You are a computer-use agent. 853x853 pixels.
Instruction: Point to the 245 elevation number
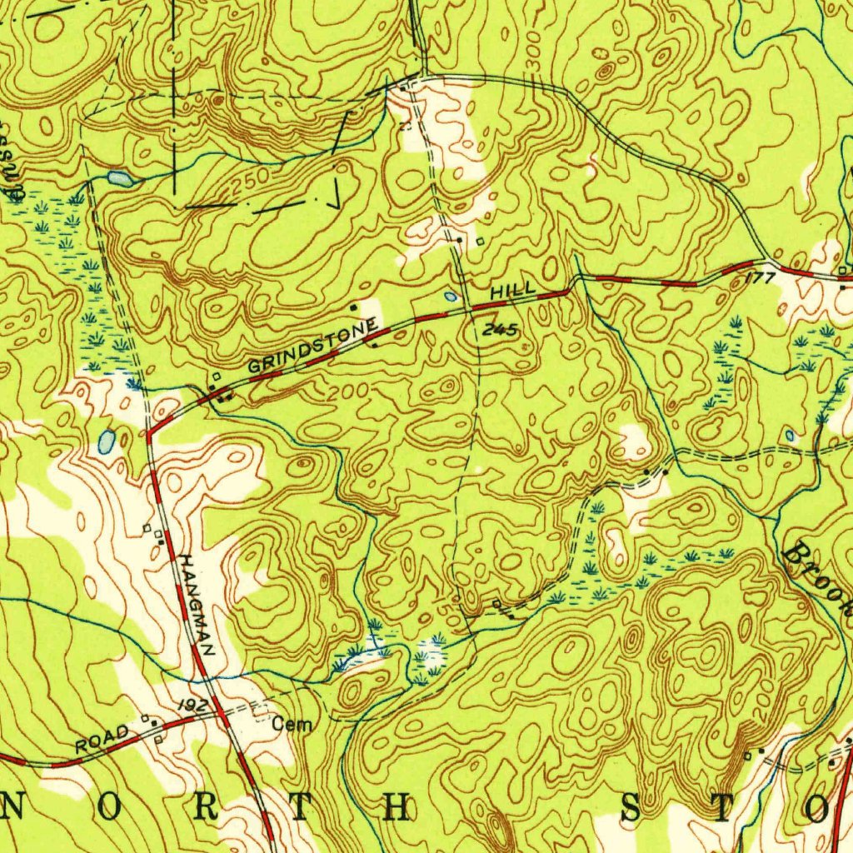tap(501, 331)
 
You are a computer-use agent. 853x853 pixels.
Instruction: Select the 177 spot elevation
tap(761, 277)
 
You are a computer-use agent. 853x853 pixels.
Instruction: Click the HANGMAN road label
tap(197, 605)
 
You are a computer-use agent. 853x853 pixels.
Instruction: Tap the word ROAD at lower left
tap(102, 739)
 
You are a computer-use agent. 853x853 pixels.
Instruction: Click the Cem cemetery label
tap(292, 726)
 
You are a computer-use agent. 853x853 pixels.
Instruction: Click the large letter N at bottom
tap(14, 807)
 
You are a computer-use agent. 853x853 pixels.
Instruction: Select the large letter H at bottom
tap(398, 807)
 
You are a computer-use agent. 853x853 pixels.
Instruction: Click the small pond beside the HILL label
tap(451, 296)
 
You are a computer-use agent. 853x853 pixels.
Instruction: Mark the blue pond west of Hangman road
tap(107, 441)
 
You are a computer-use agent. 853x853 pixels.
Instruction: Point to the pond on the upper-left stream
tap(119, 177)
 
